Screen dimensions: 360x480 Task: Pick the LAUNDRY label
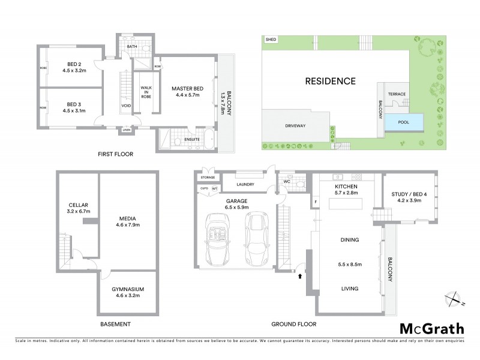coord(246,185)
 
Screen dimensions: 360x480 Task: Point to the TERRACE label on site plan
coord(397,94)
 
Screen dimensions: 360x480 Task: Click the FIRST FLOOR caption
coord(116,154)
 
